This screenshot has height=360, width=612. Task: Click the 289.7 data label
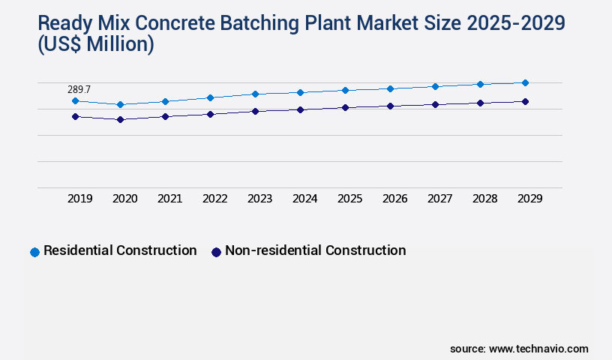[x=79, y=89]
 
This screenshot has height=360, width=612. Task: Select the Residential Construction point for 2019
[x=75, y=100]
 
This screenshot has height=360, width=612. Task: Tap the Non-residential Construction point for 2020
[x=120, y=119]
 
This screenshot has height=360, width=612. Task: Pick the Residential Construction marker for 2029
[x=525, y=82]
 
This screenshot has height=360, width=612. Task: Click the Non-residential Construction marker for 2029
[x=525, y=101]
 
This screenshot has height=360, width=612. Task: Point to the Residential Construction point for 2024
[x=300, y=92]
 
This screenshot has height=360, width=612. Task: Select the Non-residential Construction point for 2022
[x=210, y=114]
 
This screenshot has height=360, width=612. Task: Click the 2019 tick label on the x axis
[x=79, y=199]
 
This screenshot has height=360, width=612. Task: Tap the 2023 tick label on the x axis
[x=259, y=199]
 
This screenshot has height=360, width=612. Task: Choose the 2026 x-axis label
[x=394, y=199]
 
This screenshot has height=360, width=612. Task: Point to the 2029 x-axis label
[x=529, y=199]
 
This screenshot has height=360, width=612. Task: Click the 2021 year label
[x=169, y=199]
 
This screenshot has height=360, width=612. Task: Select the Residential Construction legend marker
[x=34, y=252]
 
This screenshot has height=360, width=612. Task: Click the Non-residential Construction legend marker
[x=216, y=252]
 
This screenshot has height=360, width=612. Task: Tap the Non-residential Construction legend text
[x=315, y=250]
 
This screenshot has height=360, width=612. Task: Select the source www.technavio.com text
[x=519, y=349]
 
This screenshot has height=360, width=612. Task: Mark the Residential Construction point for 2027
[x=435, y=86]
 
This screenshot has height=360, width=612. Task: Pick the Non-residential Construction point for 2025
[x=345, y=107]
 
